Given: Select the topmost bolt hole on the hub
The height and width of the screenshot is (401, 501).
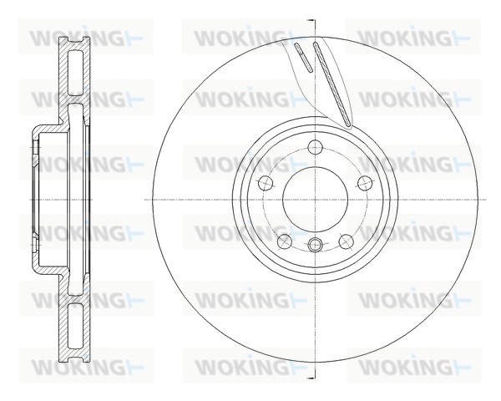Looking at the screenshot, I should pos(314,148).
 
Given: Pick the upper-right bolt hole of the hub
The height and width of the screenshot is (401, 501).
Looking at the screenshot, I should pos(362,184).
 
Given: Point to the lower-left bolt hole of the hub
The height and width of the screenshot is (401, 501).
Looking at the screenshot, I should pos(284,241).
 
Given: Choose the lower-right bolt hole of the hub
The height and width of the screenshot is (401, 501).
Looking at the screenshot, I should pos(344,241).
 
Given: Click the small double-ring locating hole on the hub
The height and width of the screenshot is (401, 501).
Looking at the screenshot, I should pos(314,246).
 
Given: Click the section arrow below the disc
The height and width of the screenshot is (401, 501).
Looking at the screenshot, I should pos(311,378).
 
